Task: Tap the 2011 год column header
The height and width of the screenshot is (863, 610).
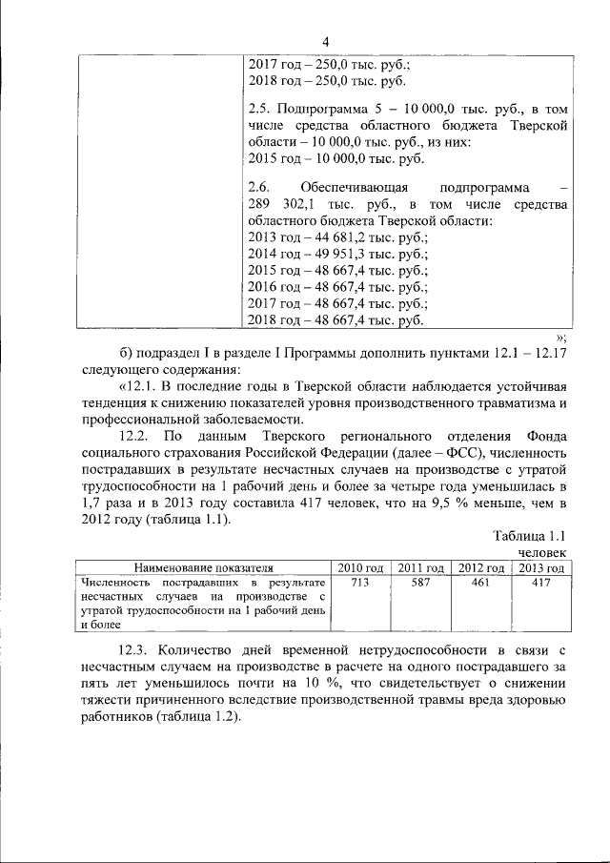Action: tap(420, 568)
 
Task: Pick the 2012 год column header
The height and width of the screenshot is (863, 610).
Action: tap(480, 568)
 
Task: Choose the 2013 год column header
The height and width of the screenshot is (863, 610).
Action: tap(541, 568)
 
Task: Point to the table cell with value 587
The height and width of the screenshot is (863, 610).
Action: tap(420, 582)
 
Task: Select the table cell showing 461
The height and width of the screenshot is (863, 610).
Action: tap(480, 582)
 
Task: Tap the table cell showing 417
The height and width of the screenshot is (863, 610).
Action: tap(541, 582)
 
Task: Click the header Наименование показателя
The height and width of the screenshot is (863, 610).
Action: tap(202, 568)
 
